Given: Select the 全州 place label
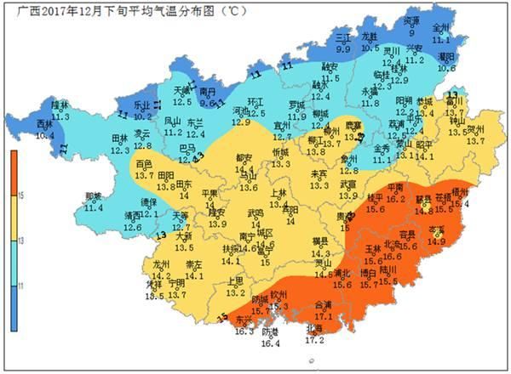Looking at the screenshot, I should [x=441, y=28].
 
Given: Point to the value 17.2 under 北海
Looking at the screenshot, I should [x=314, y=339].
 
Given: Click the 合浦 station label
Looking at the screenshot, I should [x=323, y=304].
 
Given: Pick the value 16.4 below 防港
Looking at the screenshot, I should [x=270, y=343].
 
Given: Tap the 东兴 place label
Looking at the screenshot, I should [x=244, y=320].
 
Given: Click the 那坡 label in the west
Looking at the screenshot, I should [x=94, y=196].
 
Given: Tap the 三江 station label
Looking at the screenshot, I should [x=342, y=39].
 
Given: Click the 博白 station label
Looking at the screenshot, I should [x=369, y=274].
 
